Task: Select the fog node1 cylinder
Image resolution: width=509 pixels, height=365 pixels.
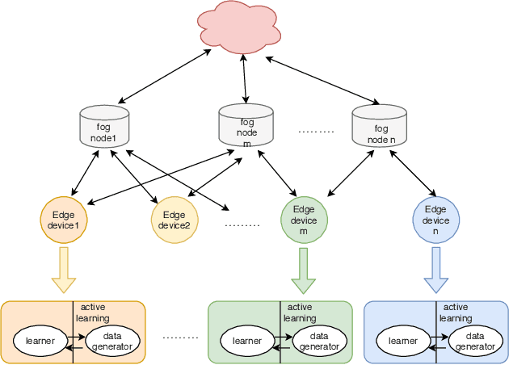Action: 103,127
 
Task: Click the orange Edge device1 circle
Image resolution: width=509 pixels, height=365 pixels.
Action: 64,220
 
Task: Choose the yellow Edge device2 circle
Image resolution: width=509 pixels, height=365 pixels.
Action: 175,220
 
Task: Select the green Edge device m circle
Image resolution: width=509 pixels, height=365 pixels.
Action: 304,220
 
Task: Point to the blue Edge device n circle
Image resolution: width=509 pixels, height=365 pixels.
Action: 435,220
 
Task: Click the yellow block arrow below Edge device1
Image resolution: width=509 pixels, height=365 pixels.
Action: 64,270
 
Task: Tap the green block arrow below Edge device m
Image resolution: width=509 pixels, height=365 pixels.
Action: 304,270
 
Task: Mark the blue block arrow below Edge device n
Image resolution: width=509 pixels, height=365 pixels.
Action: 435,270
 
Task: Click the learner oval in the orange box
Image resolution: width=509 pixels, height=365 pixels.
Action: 40,342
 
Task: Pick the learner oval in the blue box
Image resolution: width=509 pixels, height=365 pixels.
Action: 403,342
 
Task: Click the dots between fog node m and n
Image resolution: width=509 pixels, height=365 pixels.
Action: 316,130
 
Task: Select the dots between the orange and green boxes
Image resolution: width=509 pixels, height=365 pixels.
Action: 179,336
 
